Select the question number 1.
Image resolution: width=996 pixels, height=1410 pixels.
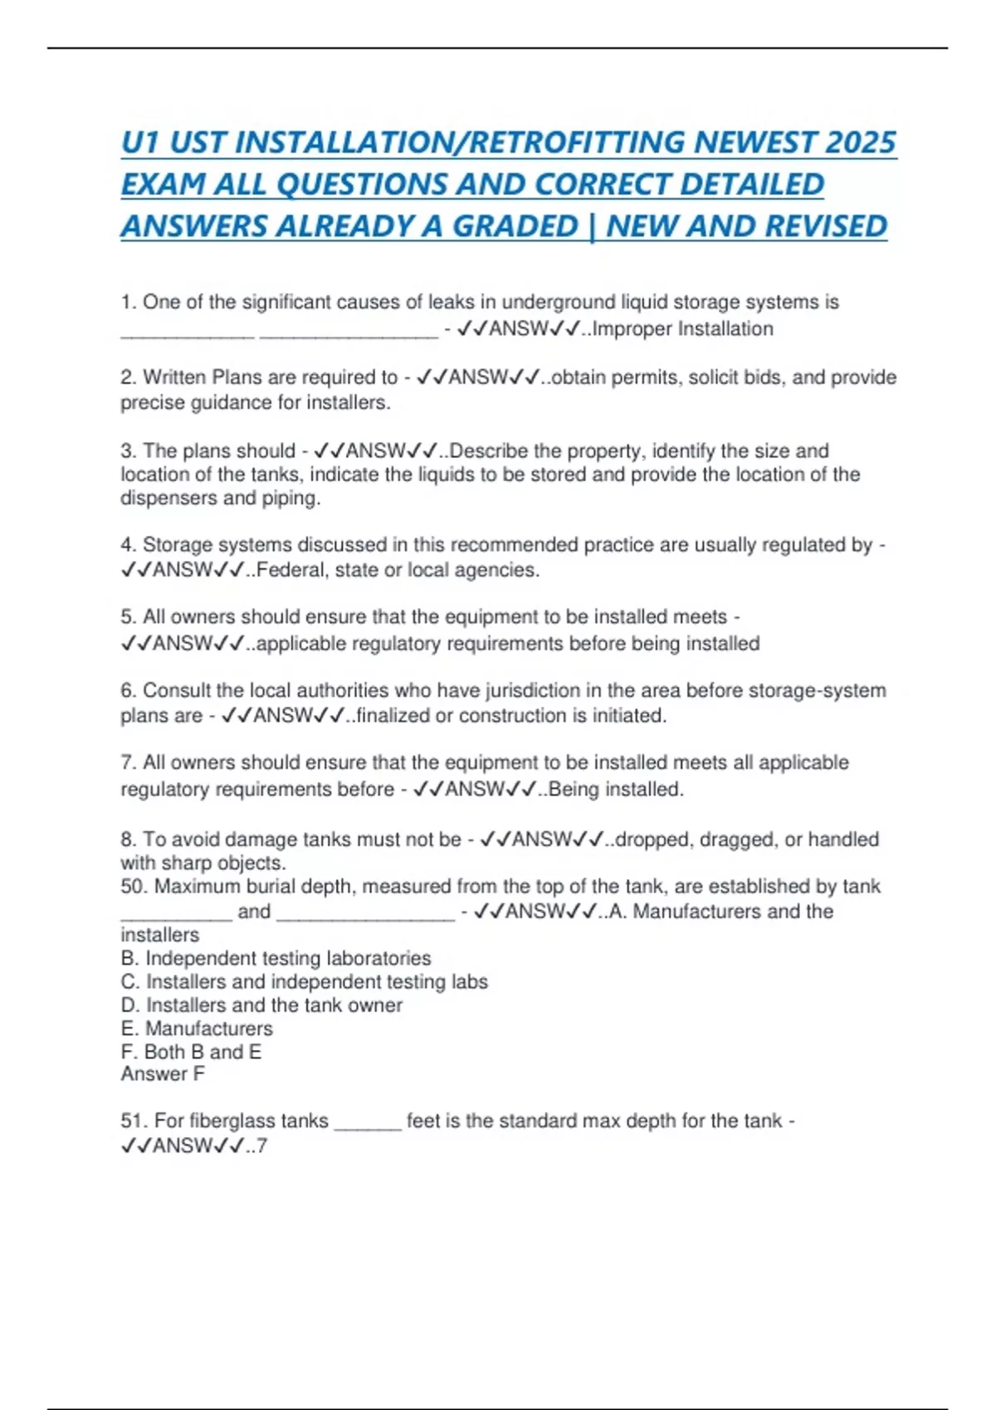127,302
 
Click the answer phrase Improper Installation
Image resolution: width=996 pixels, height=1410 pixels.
682,329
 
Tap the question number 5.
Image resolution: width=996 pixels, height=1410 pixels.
127,617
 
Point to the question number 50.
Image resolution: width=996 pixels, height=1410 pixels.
133,887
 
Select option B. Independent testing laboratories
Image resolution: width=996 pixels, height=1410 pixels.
276,959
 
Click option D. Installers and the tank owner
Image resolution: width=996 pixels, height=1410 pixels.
261,1005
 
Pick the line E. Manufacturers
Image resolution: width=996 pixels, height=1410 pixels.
197,1028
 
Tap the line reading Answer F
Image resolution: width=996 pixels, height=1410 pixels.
163,1074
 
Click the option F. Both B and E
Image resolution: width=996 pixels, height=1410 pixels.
191,1052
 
